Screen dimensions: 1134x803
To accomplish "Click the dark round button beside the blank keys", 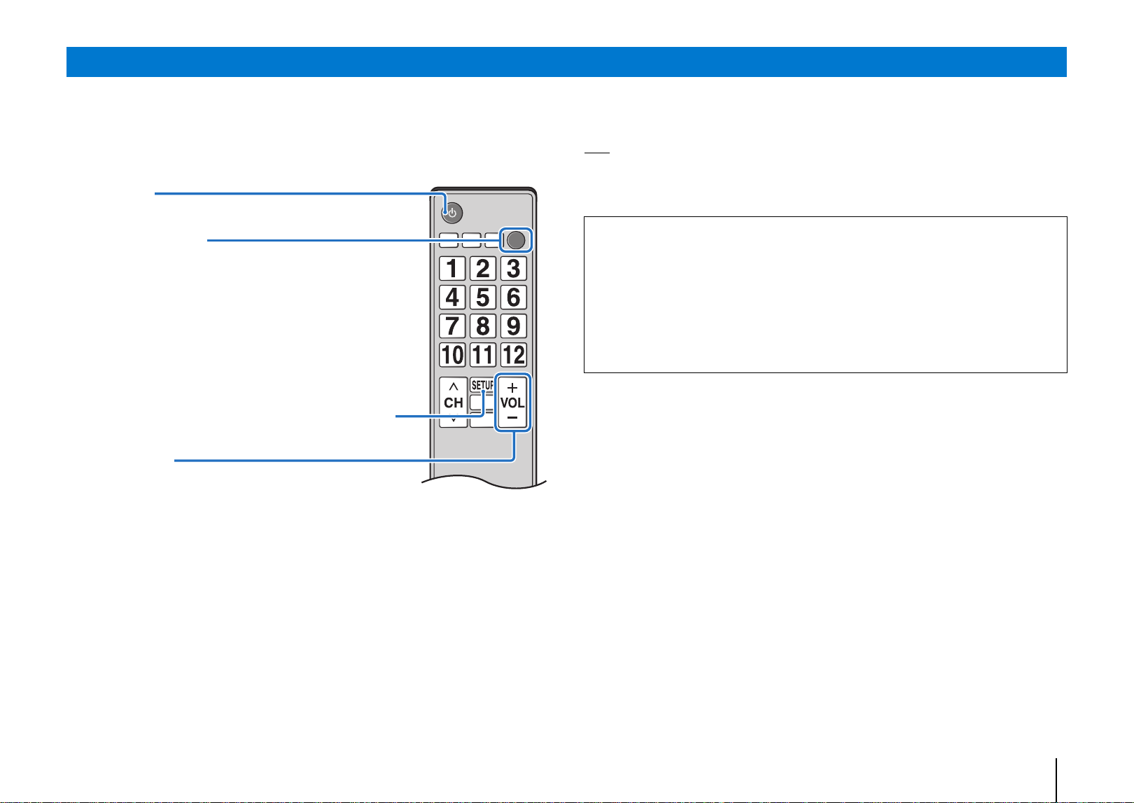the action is click(516, 240).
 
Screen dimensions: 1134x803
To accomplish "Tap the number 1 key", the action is click(452, 268).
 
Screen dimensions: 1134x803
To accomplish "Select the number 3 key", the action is click(513, 268).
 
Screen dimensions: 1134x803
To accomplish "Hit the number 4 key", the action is click(452, 298).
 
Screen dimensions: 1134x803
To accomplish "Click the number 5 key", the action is click(483, 298).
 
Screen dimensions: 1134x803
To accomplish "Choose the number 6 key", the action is click(513, 298).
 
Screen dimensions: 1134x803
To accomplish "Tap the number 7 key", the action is click(452, 326).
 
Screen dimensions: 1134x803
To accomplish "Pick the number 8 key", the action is click(483, 326).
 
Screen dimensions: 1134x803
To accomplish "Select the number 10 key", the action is click(452, 355).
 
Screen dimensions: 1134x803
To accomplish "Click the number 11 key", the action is click(483, 355).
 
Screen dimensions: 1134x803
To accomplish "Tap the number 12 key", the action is click(513, 355).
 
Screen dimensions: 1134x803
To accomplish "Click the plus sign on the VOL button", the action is click(512, 388).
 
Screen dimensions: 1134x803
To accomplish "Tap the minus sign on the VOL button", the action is click(512, 418).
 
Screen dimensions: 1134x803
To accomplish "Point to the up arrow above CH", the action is click(454, 387).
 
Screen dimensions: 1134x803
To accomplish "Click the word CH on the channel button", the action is click(454, 403).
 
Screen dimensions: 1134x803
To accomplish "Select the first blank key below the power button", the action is click(449, 240).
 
